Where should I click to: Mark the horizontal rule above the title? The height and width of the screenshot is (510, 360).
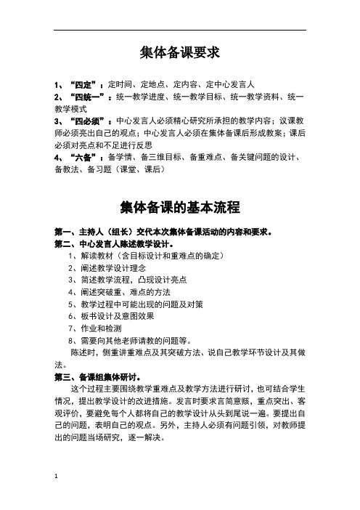tap(180, 29)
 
